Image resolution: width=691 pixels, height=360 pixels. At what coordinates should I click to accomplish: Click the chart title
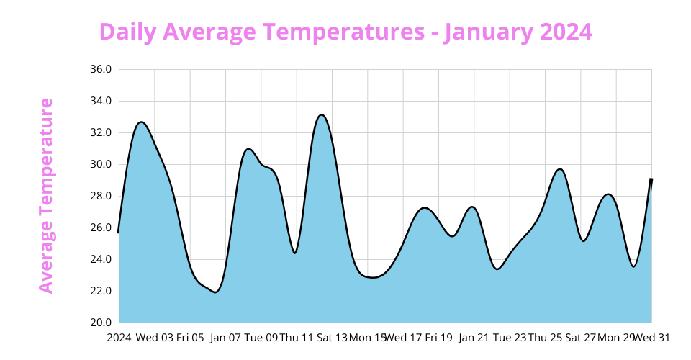click(x=345, y=32)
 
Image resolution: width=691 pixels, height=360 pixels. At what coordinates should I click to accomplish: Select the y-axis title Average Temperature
click(x=46, y=196)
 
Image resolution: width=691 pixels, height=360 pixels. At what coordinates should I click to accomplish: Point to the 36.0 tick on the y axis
click(x=101, y=70)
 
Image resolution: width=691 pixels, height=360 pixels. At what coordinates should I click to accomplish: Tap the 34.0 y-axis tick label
click(x=101, y=102)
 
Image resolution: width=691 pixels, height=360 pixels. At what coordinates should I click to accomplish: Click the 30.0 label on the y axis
click(x=101, y=164)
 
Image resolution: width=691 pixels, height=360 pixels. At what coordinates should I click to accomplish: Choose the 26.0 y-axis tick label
click(x=101, y=228)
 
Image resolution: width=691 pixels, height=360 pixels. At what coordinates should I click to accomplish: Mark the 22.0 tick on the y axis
click(x=101, y=291)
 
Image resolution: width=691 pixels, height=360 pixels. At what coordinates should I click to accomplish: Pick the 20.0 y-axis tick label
click(x=101, y=323)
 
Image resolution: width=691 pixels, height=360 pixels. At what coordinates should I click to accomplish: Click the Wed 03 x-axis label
click(x=154, y=337)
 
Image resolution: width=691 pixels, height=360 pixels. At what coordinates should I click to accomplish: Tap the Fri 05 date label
click(x=190, y=337)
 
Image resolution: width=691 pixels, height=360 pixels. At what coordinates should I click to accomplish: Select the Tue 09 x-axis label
click(x=261, y=337)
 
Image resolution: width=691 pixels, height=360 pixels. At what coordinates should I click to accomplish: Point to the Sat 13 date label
click(x=332, y=337)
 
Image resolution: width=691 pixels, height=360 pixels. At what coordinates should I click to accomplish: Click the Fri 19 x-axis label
click(x=438, y=337)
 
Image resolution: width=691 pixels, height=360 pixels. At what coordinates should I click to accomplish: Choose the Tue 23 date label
click(x=510, y=337)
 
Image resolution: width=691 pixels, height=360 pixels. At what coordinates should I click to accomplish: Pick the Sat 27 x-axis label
click(x=581, y=337)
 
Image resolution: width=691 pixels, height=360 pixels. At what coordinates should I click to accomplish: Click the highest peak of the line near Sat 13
click(x=322, y=115)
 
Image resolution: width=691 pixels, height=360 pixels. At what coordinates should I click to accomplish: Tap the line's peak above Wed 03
click(x=141, y=122)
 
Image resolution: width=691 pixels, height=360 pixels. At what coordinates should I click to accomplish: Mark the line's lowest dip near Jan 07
click(x=215, y=292)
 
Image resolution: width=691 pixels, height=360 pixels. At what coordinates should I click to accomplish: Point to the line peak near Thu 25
click(x=559, y=169)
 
